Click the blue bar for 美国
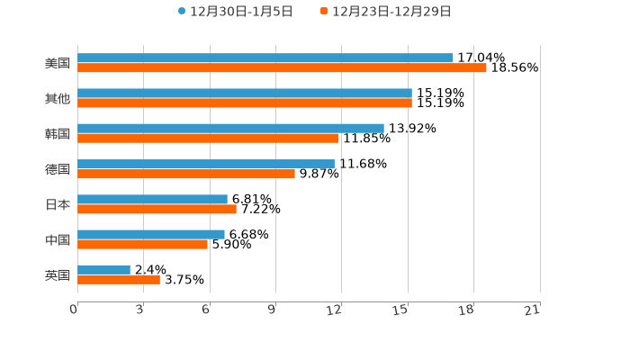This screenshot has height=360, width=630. coord(265,58)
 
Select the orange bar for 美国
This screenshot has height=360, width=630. coord(282,67)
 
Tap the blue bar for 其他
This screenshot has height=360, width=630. coord(245,94)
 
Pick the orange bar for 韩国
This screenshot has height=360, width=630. coord(208,139)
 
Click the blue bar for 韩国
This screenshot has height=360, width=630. coord(230,129)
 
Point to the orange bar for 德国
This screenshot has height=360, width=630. coord(186,174)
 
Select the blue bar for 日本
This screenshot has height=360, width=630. coord(152,200)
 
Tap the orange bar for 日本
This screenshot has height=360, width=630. coord(157,209)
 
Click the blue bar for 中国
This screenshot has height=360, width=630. coord(151,235)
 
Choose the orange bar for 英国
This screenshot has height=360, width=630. coord(119,279)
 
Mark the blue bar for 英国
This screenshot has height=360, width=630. coord(103,270)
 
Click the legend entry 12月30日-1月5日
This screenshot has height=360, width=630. coord(236,12)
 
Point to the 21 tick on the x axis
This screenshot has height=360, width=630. coord(533,310)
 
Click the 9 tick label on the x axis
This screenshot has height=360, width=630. coord(271,310)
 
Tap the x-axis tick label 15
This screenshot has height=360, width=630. coord(400,310)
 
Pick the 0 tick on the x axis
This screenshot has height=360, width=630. coord(74,310)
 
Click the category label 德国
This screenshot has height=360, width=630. coord(58,169)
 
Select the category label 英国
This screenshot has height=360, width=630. coord(58,274)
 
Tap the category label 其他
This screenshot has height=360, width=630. coord(58,98)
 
